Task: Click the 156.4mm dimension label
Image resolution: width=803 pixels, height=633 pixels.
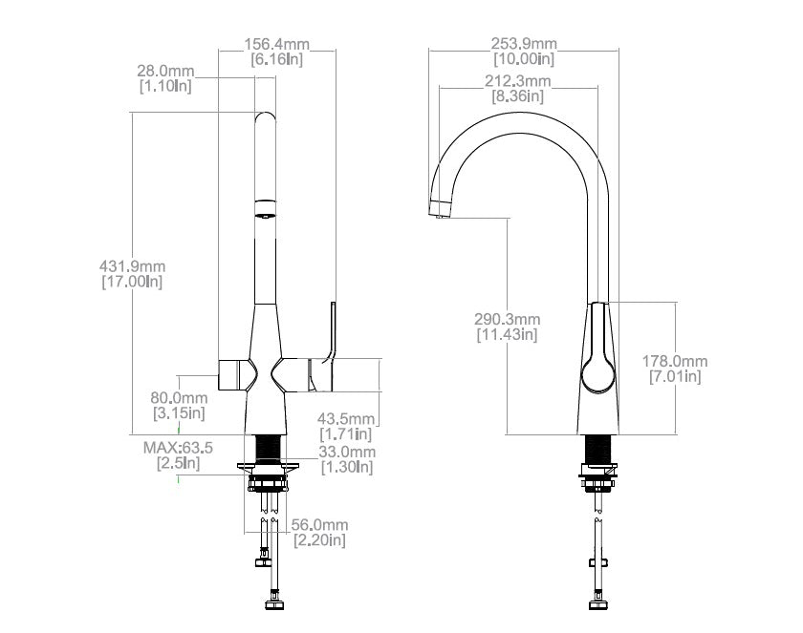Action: click(276, 44)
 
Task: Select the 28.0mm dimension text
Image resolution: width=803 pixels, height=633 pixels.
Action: click(165, 72)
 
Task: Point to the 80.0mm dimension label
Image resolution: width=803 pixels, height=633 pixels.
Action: click(179, 398)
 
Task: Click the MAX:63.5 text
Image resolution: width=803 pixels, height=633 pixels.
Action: click(178, 447)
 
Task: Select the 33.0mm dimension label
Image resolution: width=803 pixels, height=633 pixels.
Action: click(346, 452)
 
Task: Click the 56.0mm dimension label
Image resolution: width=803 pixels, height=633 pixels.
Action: click(318, 525)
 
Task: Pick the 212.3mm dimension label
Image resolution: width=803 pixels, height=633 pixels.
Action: click(517, 81)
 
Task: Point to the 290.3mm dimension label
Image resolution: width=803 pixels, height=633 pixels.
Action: click(507, 319)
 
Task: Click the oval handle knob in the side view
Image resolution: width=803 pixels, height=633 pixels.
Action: click(597, 372)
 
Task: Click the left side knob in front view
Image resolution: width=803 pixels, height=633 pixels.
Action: click(232, 374)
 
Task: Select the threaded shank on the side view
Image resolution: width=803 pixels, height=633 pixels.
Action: click(598, 449)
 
